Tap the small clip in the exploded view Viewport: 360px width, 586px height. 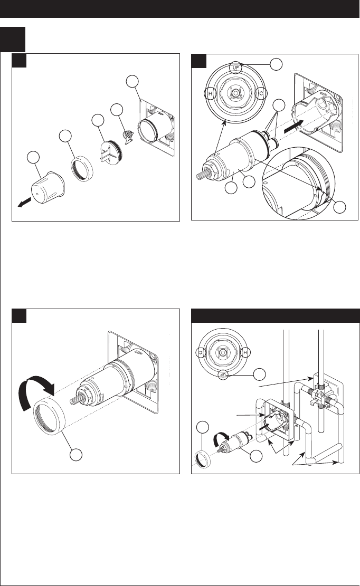[x=128, y=139]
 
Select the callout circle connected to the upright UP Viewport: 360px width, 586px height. [x=276, y=64]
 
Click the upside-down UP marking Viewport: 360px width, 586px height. [x=224, y=373]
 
